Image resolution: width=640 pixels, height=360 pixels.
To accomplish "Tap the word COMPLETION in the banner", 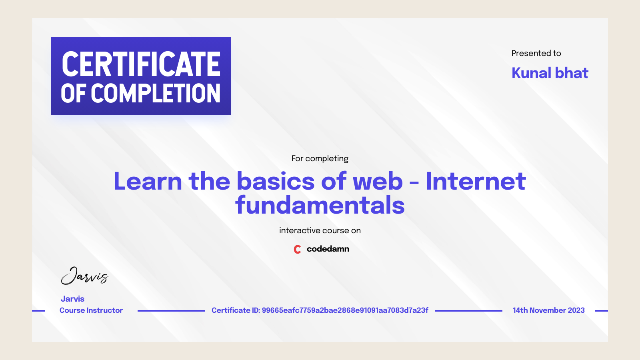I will [156, 94].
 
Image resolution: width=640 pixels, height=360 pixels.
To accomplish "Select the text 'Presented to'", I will [536, 53].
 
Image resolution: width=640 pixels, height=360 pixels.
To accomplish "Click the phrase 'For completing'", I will [320, 158].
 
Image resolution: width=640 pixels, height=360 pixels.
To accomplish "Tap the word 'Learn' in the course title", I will [148, 181].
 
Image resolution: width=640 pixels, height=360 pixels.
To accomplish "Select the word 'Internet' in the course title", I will [476, 181].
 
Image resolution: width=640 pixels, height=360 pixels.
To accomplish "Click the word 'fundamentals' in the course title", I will [320, 205].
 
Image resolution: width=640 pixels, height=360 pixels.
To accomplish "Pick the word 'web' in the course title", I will [378, 181].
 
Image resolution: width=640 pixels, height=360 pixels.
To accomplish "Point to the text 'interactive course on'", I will [320, 230].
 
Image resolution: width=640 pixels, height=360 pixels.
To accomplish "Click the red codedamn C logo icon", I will [297, 249].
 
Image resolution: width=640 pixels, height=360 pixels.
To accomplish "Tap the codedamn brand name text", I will [328, 249].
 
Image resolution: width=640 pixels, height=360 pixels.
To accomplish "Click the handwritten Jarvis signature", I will [84, 276].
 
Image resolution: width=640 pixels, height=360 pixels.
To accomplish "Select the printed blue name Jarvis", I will [72, 299].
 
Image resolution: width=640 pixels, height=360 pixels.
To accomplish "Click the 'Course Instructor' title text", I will [91, 310].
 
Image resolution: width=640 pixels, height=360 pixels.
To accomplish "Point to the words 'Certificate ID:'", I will [235, 310].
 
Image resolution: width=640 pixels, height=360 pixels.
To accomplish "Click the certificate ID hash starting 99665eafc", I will [345, 310].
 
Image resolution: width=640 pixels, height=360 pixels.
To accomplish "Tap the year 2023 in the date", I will [576, 310].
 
